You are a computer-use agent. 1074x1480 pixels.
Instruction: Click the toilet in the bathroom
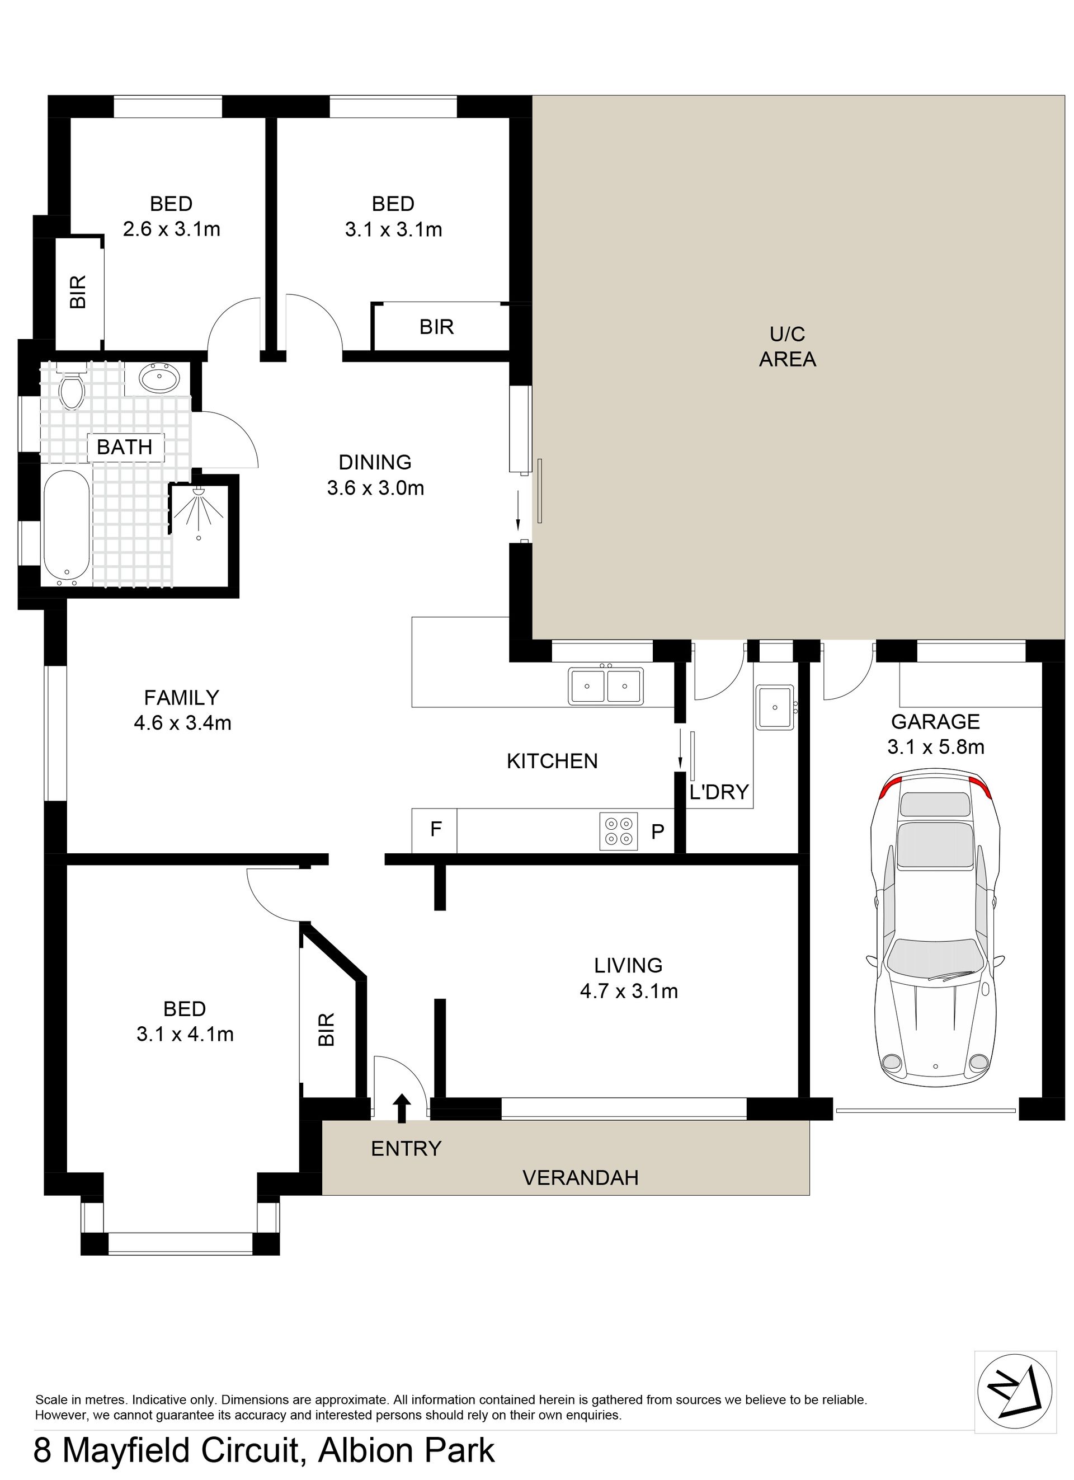tap(71, 386)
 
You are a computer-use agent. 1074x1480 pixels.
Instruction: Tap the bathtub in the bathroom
tap(66, 527)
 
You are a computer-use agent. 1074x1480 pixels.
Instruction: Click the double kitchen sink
tap(605, 686)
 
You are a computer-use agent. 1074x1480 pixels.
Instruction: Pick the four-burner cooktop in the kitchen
tap(619, 831)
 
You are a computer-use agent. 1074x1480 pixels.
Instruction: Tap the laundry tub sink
tap(775, 707)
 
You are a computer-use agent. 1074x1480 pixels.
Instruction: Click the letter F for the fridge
tap(436, 829)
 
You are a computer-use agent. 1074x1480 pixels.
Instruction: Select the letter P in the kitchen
tap(658, 831)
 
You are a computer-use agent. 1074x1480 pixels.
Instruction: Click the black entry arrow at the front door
tap(402, 1108)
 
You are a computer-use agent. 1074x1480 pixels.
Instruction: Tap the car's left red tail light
tap(889, 788)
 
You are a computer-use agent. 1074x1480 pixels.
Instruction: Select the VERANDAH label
tap(581, 1178)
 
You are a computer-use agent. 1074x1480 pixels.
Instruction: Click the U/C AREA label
tap(788, 346)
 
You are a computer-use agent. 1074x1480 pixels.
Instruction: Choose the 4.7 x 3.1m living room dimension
tap(629, 990)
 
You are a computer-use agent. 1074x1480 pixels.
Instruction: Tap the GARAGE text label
tap(935, 721)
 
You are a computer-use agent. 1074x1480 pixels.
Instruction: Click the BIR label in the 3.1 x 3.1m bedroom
tap(436, 327)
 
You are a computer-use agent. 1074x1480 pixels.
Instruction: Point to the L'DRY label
tap(719, 792)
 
